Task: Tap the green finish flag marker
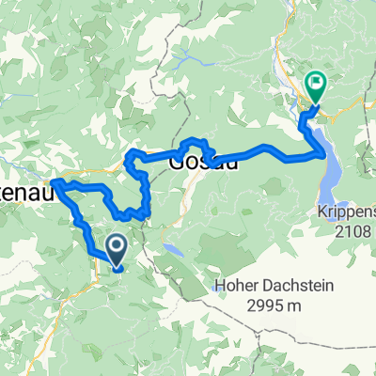[x=315, y=87]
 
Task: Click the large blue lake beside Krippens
[x=332, y=160]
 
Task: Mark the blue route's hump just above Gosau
[x=195, y=143]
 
